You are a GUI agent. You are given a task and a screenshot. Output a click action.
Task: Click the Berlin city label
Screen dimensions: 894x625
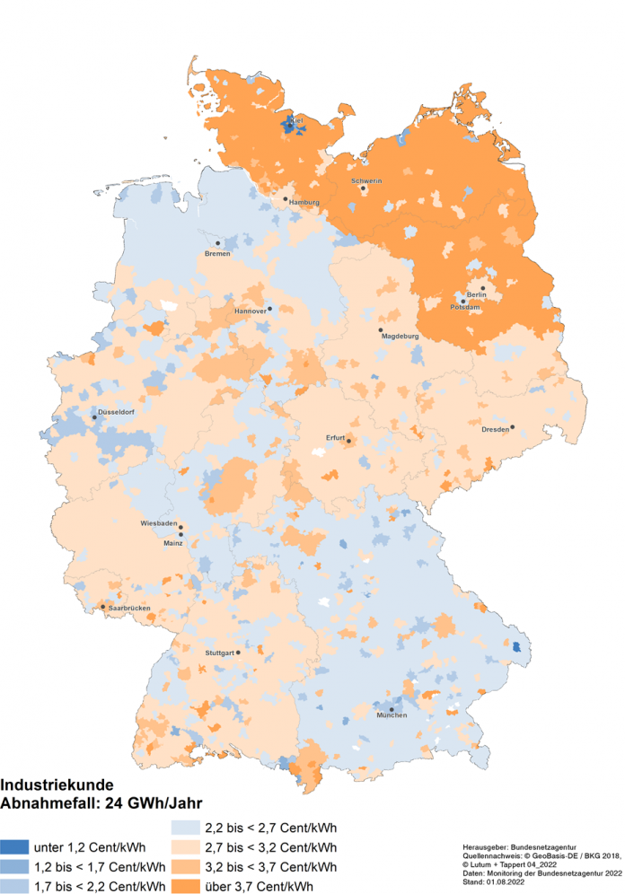pos(476,294)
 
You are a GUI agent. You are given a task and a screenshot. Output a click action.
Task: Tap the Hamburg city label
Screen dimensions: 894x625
pos(304,203)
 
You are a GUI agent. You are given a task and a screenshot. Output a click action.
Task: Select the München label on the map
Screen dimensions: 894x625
pos(392,715)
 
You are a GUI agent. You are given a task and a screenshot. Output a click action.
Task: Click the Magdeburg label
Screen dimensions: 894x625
pos(401,336)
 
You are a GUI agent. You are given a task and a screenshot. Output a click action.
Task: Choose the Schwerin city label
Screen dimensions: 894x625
pos(367,181)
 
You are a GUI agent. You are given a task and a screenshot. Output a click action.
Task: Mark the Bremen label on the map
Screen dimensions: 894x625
pos(218,253)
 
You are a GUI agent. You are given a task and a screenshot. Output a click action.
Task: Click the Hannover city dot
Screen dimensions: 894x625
pos(269,308)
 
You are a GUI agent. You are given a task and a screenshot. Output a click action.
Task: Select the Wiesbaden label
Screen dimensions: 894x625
pos(158,522)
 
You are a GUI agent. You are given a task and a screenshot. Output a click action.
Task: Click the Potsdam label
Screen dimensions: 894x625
pos(465,308)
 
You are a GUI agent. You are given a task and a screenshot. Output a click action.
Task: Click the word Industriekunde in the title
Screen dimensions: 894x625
pos(57,783)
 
